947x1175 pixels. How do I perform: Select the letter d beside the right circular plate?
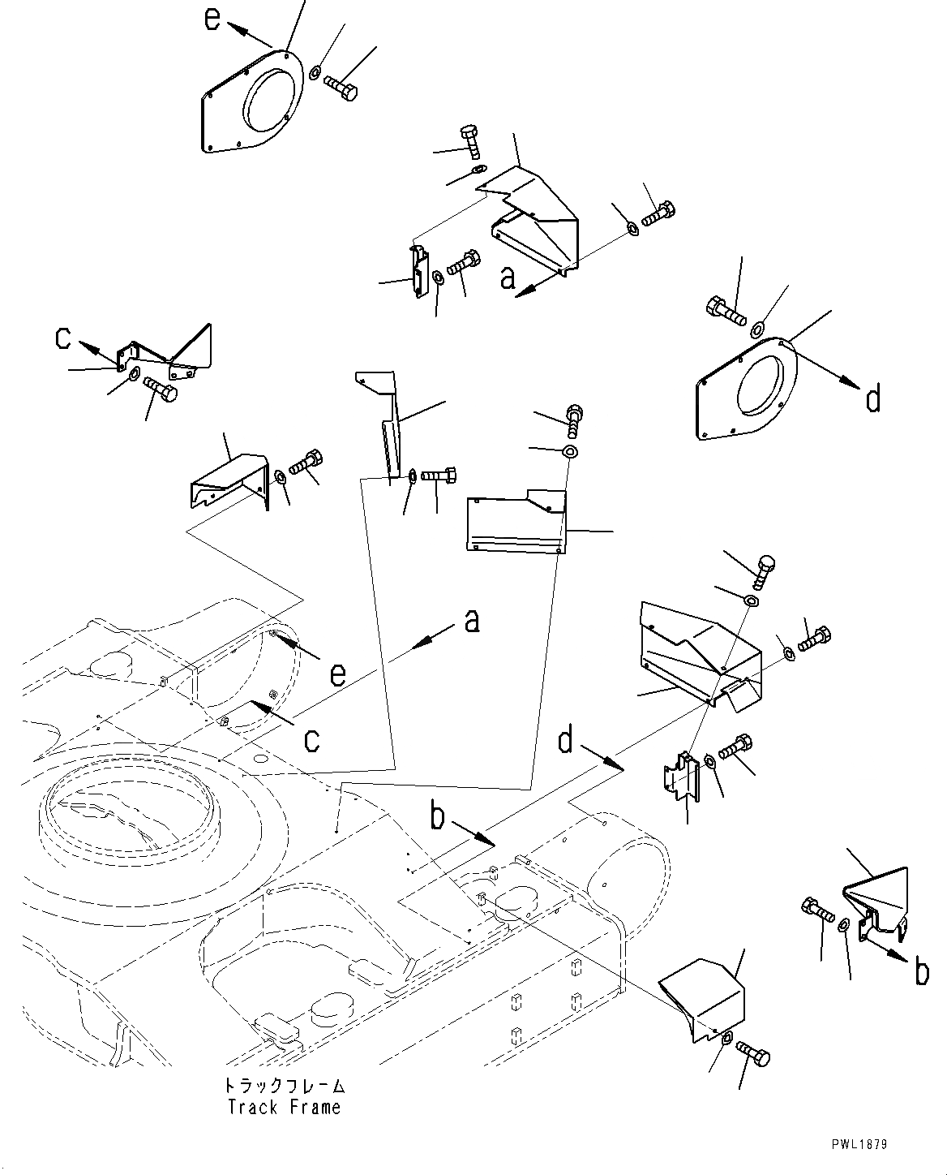pyautogui.click(x=873, y=398)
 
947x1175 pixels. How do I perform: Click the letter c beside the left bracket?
pyautogui.click(x=63, y=338)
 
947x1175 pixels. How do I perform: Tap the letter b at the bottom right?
pyautogui.click(x=921, y=972)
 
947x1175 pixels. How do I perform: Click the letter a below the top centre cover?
pyautogui.click(x=508, y=278)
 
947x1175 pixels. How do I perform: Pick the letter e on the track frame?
pyautogui.click(x=337, y=675)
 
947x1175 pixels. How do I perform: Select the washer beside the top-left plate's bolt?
pyautogui.click(x=315, y=72)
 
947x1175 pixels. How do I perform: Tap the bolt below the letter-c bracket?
pyautogui.click(x=161, y=391)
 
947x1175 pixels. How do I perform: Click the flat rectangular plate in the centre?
pyautogui.click(x=516, y=522)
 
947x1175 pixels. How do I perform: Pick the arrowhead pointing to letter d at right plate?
pyautogui.click(x=849, y=383)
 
